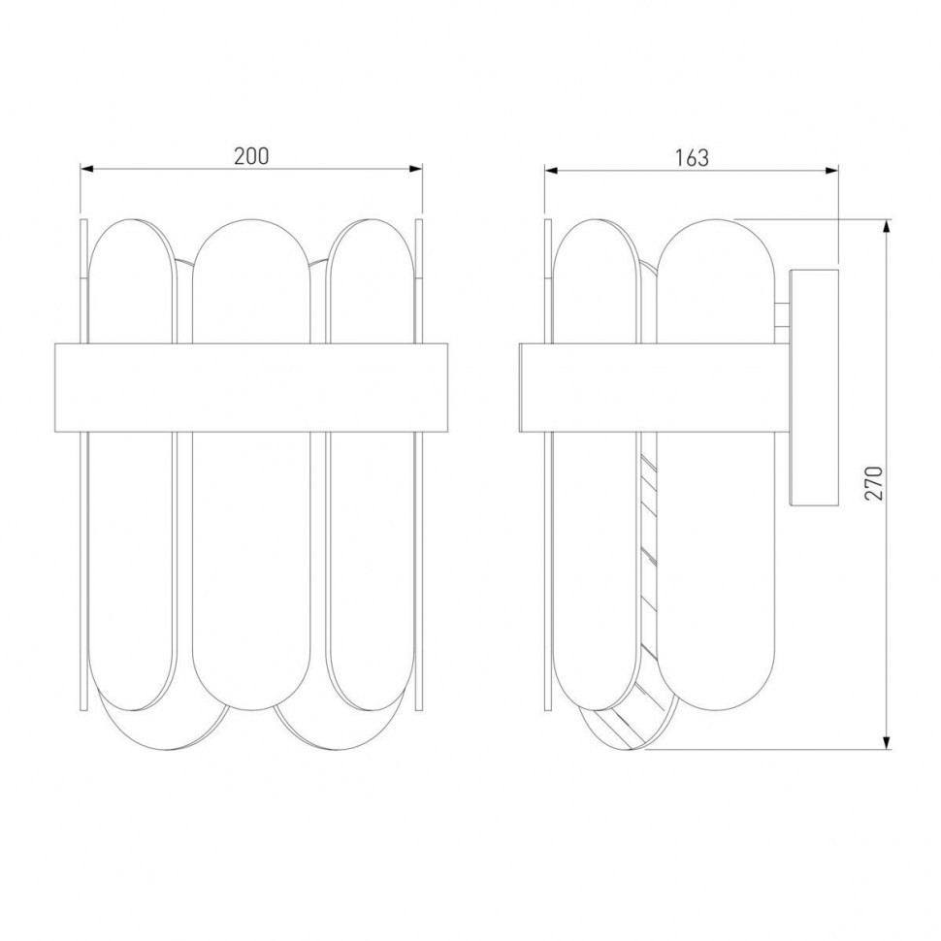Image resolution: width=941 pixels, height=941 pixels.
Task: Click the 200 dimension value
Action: click(x=251, y=156)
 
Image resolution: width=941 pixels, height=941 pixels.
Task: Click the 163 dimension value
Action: click(x=692, y=158)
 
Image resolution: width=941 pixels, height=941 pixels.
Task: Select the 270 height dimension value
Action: click(x=874, y=483)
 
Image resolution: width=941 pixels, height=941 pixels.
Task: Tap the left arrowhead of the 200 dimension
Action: click(x=87, y=169)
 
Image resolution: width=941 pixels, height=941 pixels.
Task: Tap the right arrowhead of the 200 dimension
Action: click(x=415, y=169)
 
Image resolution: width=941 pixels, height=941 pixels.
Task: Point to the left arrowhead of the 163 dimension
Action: click(x=552, y=171)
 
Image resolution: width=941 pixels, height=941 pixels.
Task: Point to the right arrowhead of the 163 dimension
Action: click(x=831, y=171)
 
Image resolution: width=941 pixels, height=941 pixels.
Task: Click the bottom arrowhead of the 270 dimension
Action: click(x=887, y=742)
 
